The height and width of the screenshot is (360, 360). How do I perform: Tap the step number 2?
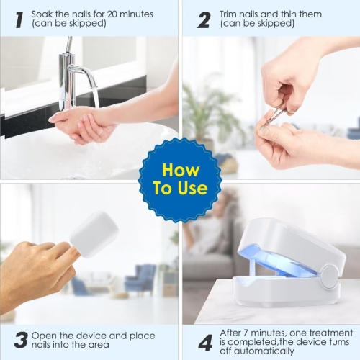(x=204, y=19)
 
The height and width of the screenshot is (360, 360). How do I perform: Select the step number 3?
(x=20, y=340)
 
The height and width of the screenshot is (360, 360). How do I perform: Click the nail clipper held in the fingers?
(x=276, y=112)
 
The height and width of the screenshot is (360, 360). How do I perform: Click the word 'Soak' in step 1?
(x=43, y=12)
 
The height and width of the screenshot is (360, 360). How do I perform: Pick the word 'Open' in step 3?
(x=47, y=335)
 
